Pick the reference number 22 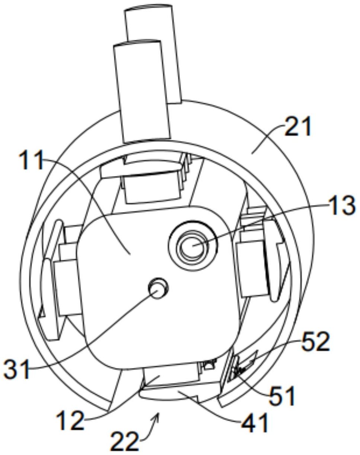[x=124, y=441]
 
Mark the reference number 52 [x=315, y=342]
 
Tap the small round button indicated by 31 [x=158, y=288]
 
